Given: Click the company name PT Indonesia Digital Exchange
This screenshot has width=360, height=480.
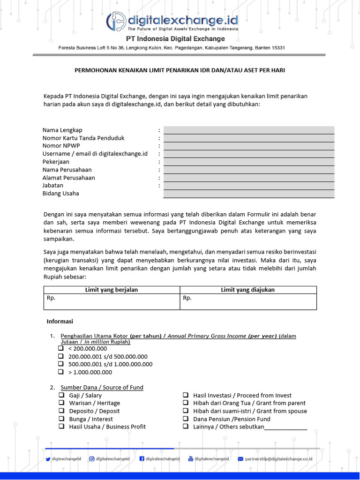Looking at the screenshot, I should [175, 39].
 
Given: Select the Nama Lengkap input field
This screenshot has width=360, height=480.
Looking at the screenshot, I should [249, 130].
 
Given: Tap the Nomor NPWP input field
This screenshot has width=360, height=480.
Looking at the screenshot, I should [249, 146].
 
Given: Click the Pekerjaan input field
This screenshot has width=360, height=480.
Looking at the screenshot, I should [249, 162].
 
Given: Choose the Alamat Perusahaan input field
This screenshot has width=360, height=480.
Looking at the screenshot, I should [249, 178].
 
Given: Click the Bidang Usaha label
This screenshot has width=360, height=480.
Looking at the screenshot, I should [61, 193].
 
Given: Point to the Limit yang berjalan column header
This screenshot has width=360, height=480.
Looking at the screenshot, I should [112, 290].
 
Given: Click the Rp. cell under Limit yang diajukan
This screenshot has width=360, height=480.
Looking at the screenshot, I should [248, 302].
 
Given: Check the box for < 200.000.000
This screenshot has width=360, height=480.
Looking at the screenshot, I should [61, 348].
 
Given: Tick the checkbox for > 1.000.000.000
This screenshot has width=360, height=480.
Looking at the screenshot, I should [61, 372].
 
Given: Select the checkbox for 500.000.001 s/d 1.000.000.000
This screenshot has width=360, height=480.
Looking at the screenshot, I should [61, 364].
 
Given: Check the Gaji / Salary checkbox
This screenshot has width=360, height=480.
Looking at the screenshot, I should [61, 395].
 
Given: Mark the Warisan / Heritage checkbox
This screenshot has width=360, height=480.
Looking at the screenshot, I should [61, 403].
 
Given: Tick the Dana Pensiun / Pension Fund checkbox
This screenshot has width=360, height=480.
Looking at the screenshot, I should [186, 419].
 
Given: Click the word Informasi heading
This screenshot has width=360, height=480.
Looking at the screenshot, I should [60, 322].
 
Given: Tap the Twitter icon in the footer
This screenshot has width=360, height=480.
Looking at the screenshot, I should [48, 459].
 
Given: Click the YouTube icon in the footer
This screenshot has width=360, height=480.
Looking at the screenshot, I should [191, 459].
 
